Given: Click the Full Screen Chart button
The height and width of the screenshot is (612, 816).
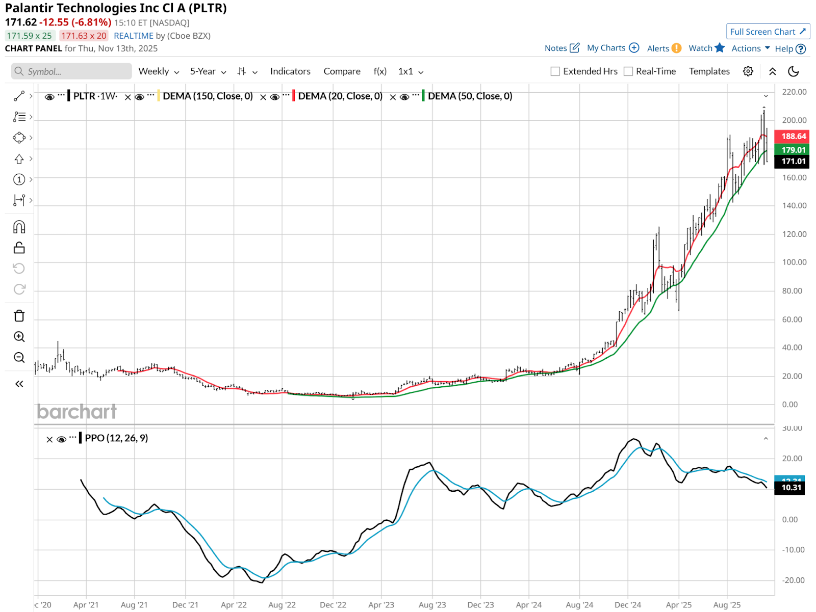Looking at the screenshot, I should point(768,32).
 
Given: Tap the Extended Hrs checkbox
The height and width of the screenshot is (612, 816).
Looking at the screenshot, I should point(555,71).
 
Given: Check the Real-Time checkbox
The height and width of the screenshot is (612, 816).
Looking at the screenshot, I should point(628,71).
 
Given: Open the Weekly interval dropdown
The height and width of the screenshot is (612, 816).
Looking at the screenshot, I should point(159,71).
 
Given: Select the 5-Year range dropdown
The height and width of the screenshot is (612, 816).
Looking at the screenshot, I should point(208,71).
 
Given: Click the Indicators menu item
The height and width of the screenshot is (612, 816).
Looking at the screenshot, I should point(290,71).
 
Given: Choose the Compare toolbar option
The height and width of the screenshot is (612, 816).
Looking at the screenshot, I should point(342,71).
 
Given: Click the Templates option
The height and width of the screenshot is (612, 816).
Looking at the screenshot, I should point(709,71).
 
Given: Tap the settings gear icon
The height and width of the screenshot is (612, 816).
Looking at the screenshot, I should point(748,71).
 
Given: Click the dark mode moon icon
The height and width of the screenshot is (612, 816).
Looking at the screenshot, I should point(793,71).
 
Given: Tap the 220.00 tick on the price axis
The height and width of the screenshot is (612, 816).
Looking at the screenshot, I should point(794,92).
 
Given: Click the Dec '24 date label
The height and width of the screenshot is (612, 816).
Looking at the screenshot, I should point(627,605).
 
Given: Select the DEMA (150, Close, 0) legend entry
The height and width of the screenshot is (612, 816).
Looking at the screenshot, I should point(207,96).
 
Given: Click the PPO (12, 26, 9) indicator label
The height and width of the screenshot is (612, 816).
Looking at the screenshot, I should point(116,438).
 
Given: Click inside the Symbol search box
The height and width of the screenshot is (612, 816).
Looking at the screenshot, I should point(71,71).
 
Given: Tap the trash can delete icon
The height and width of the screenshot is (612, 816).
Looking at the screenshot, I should point(19,316).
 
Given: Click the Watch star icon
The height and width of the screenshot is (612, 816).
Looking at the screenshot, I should point(720,48).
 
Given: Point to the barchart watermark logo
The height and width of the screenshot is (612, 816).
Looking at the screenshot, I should point(76,412).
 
